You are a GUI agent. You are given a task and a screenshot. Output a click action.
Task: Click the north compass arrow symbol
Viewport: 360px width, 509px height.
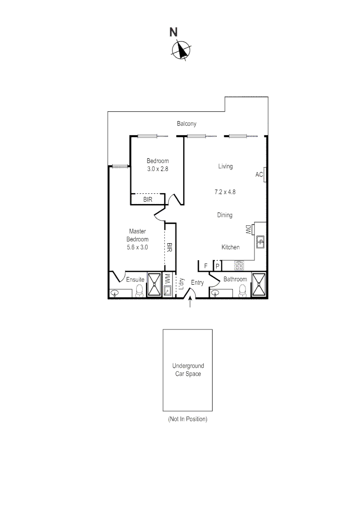[181, 50]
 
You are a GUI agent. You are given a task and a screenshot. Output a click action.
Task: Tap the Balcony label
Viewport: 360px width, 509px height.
[187, 124]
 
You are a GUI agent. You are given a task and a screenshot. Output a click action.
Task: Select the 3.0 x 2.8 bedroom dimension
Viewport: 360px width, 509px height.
[157, 169]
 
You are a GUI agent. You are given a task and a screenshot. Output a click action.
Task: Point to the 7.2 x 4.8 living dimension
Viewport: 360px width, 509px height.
[225, 192]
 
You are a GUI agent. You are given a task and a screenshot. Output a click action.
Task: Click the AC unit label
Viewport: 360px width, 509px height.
[259, 175]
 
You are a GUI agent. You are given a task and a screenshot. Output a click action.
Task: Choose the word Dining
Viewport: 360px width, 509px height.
[225, 215]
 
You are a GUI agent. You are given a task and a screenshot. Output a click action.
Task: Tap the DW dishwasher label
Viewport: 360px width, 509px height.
[248, 230]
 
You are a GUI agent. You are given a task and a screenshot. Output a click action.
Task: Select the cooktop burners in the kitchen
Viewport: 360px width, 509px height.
[239, 266]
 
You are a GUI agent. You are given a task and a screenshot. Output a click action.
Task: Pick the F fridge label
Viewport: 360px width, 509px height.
[206, 266]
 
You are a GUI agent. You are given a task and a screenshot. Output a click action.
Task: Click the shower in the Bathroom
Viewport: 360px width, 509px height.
[259, 285]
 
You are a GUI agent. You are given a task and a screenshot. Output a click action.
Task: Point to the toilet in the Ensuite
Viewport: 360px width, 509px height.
[139, 291]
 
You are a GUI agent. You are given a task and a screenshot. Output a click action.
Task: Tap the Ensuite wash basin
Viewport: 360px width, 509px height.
[115, 293]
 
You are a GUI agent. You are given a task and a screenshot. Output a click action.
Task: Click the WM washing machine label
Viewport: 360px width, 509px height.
[167, 279]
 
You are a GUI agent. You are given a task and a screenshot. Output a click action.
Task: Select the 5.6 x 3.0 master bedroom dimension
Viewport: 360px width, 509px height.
[138, 246]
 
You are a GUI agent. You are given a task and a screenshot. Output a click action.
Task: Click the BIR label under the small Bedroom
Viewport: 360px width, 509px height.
[148, 200]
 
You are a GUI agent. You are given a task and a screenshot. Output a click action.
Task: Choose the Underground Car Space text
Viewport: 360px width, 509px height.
[188, 370]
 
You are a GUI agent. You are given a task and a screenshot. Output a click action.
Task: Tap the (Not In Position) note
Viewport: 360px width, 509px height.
[188, 419]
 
